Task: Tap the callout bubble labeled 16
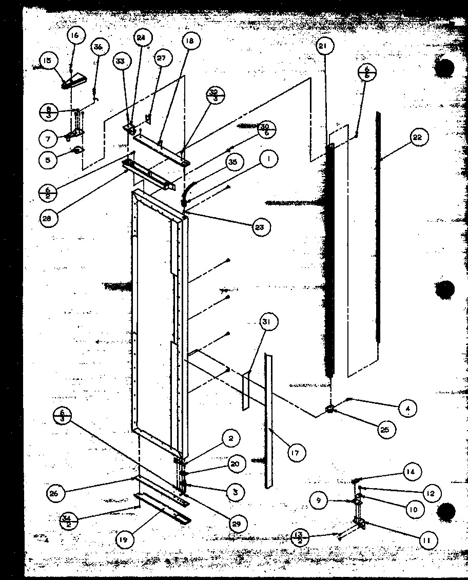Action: pos(75,35)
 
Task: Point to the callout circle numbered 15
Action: pos(47,61)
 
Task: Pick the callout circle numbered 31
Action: pos(268,322)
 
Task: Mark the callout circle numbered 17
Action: pos(296,452)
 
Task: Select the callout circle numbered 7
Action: pos(47,138)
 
